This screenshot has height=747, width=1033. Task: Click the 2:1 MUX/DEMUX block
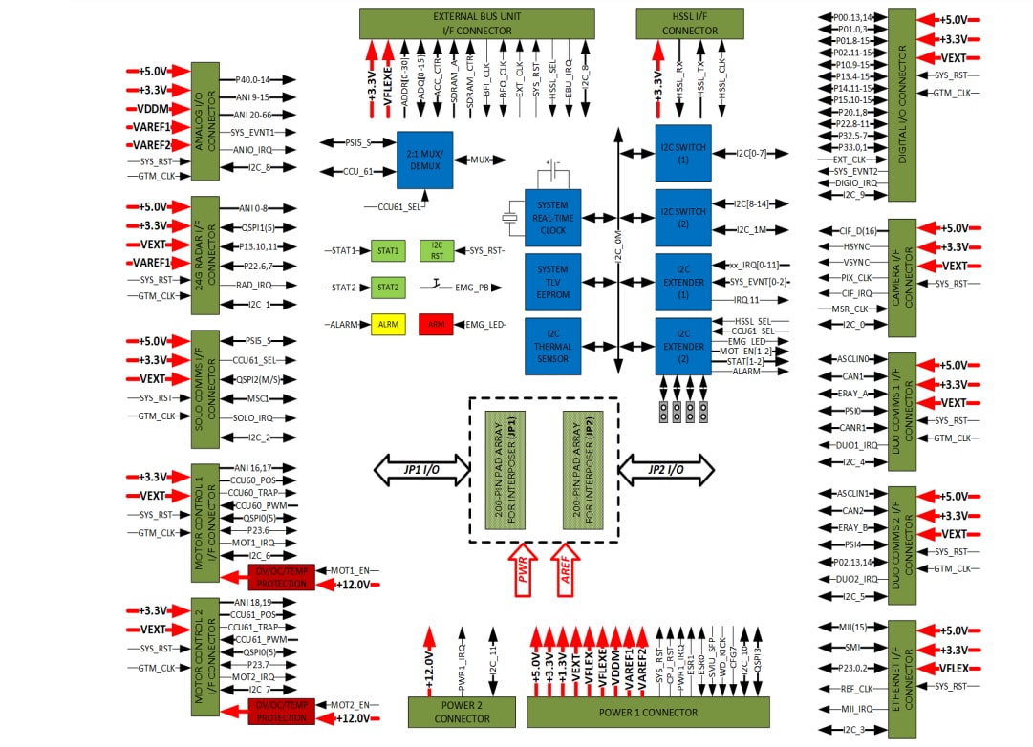pos(424,159)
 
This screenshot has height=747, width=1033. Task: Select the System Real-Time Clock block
pos(552,217)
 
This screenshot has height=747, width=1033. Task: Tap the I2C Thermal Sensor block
pos(552,346)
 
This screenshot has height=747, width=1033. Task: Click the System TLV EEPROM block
pos(552,282)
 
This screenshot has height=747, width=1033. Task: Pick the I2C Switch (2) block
pos(682,217)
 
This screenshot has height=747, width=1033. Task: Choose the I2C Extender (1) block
pos(682,282)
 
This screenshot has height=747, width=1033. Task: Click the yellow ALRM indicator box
pos(388,325)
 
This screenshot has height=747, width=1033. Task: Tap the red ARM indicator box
pos(436,325)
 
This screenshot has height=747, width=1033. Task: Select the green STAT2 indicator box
pos(387,287)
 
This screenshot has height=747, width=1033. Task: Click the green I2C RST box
pos(436,251)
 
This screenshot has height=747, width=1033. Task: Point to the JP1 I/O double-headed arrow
pos(420,469)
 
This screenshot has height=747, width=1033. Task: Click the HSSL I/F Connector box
pos(689,24)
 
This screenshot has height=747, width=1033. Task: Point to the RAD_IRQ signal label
pos(253,286)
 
